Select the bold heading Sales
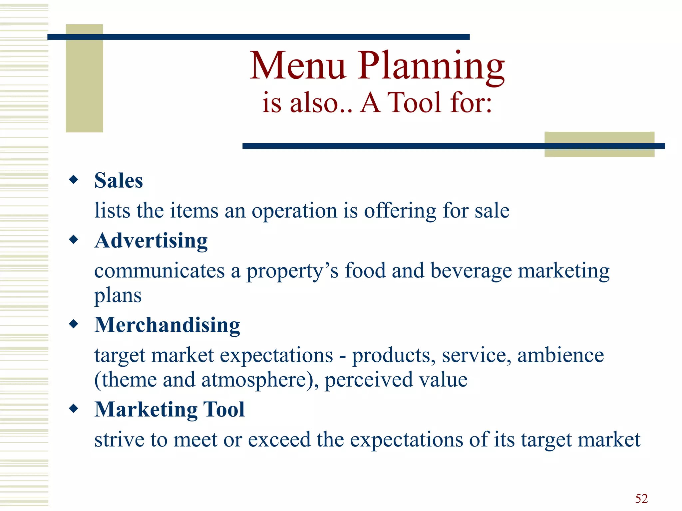(x=119, y=181)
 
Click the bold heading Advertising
(x=151, y=241)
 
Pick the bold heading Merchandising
(x=167, y=325)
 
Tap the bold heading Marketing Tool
(x=170, y=409)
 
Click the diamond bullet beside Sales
(x=74, y=180)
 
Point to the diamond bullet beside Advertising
(x=74, y=240)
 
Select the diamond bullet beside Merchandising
(x=74, y=324)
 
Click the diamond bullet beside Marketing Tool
(x=74, y=408)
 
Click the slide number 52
(x=641, y=498)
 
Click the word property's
(x=292, y=271)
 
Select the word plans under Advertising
(x=118, y=295)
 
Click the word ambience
(x=560, y=355)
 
